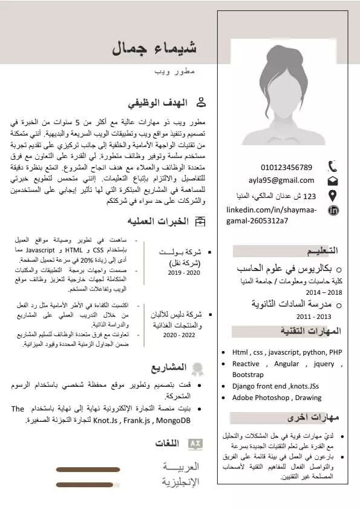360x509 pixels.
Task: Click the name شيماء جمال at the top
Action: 154,49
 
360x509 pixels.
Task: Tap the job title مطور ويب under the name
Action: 175,71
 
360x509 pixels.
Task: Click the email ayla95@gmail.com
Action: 281,180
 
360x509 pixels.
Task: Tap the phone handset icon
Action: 333,166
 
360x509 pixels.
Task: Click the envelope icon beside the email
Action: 333,181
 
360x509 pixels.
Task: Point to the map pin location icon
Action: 333,195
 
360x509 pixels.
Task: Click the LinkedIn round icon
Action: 333,211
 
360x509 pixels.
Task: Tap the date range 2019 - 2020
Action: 184,273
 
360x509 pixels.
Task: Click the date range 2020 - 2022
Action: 178,335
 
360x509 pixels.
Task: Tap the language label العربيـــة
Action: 180,468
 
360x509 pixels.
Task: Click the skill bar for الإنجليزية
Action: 88,484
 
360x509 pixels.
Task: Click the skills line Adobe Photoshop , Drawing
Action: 277,398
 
